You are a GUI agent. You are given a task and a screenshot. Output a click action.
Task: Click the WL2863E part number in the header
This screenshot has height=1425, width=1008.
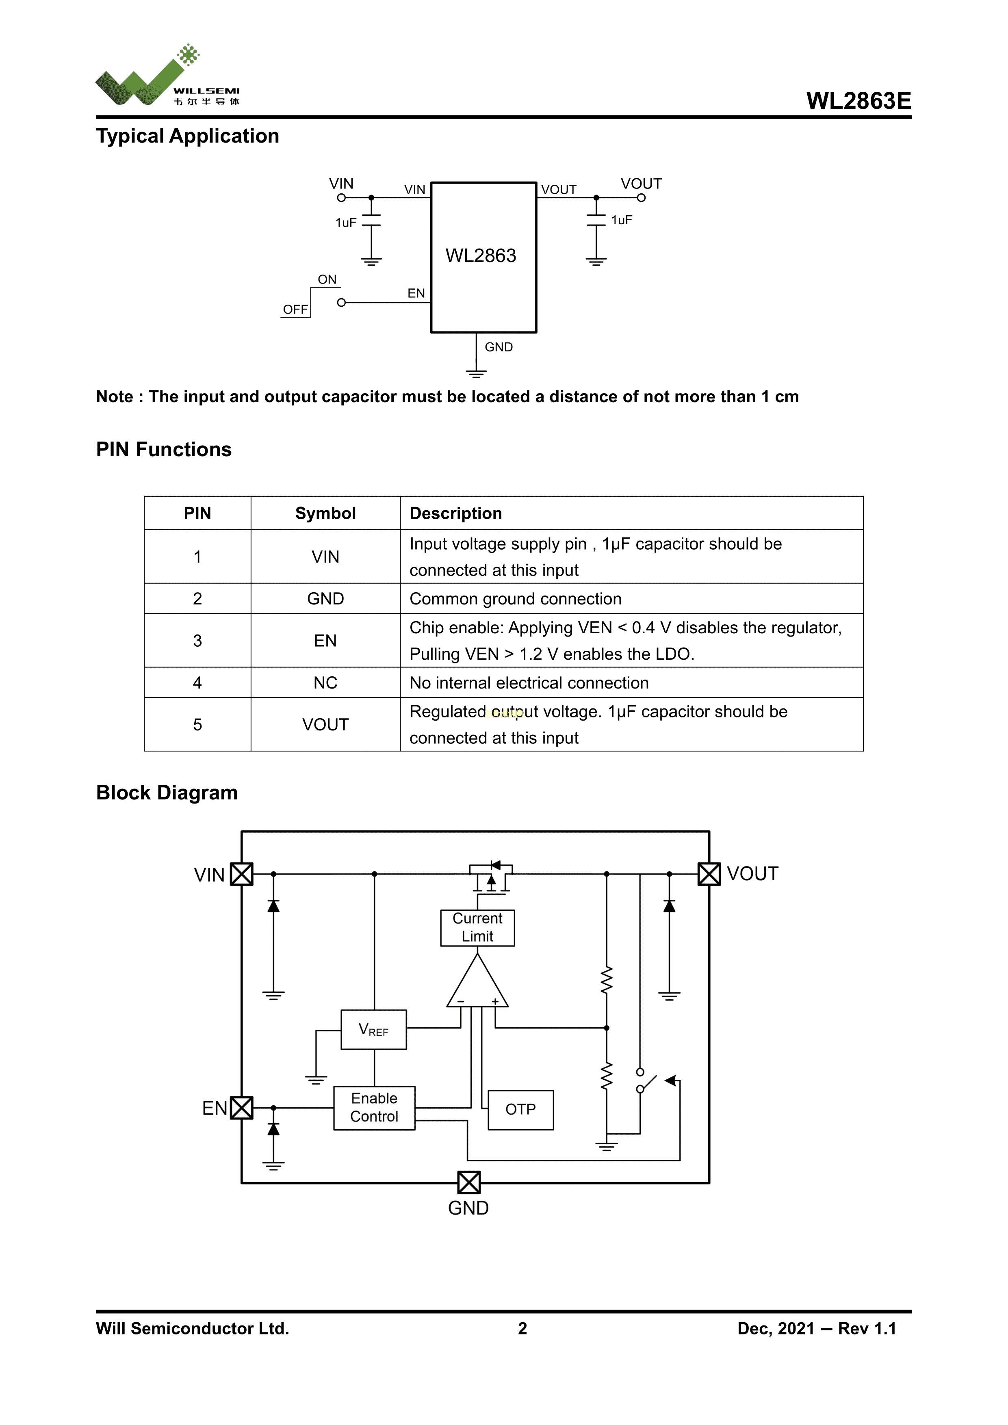858,101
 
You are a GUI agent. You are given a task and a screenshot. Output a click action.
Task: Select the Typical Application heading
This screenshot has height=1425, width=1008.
187,136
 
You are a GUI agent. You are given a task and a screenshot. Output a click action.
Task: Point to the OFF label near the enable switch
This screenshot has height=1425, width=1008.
295,309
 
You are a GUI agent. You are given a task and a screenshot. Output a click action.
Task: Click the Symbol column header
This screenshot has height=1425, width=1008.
325,513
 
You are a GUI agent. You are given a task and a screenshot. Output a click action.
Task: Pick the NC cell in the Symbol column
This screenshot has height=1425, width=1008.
325,683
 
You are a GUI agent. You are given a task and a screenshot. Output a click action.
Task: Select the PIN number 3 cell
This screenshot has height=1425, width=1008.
197,641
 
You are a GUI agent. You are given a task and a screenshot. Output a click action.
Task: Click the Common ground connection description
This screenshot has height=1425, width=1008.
515,599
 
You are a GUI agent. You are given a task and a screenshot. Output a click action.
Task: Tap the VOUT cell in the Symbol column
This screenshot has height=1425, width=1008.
325,724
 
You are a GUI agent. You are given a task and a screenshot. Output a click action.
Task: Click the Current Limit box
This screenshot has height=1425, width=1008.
477,927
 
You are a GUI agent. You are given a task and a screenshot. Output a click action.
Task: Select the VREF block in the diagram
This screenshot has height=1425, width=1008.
374,1030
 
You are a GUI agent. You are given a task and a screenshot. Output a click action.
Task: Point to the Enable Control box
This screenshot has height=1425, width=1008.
374,1107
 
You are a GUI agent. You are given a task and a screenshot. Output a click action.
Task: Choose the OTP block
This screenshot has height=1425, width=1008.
520,1109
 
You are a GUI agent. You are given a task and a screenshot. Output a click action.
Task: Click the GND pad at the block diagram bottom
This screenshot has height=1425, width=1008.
468,1182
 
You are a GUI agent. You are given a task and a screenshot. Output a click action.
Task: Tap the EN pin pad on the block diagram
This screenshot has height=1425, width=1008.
241,1107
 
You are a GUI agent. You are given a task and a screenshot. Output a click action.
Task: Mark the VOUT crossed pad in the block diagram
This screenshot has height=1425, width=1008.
709,874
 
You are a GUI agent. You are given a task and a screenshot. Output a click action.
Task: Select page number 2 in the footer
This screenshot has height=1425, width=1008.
522,1328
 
